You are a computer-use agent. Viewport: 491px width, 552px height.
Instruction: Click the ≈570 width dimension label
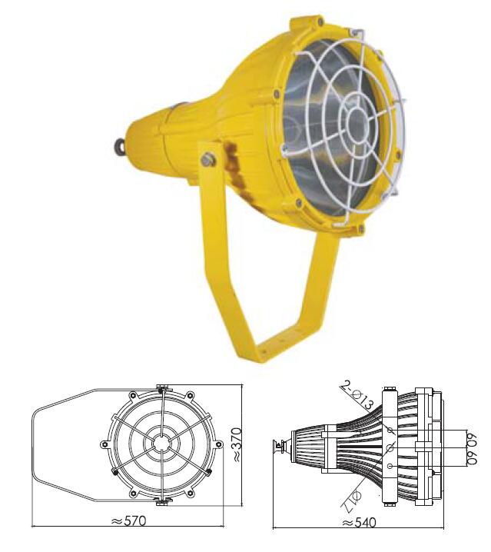click(x=128, y=520)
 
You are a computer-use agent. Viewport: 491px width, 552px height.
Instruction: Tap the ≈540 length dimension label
click(x=359, y=523)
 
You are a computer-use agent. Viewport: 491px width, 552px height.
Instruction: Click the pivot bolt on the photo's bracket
click(x=207, y=160)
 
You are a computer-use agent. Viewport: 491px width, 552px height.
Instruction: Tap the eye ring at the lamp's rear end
click(x=120, y=144)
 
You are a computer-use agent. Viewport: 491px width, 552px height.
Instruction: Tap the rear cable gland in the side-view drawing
click(x=280, y=445)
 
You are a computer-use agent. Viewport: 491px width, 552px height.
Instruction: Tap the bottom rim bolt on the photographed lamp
click(x=361, y=227)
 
